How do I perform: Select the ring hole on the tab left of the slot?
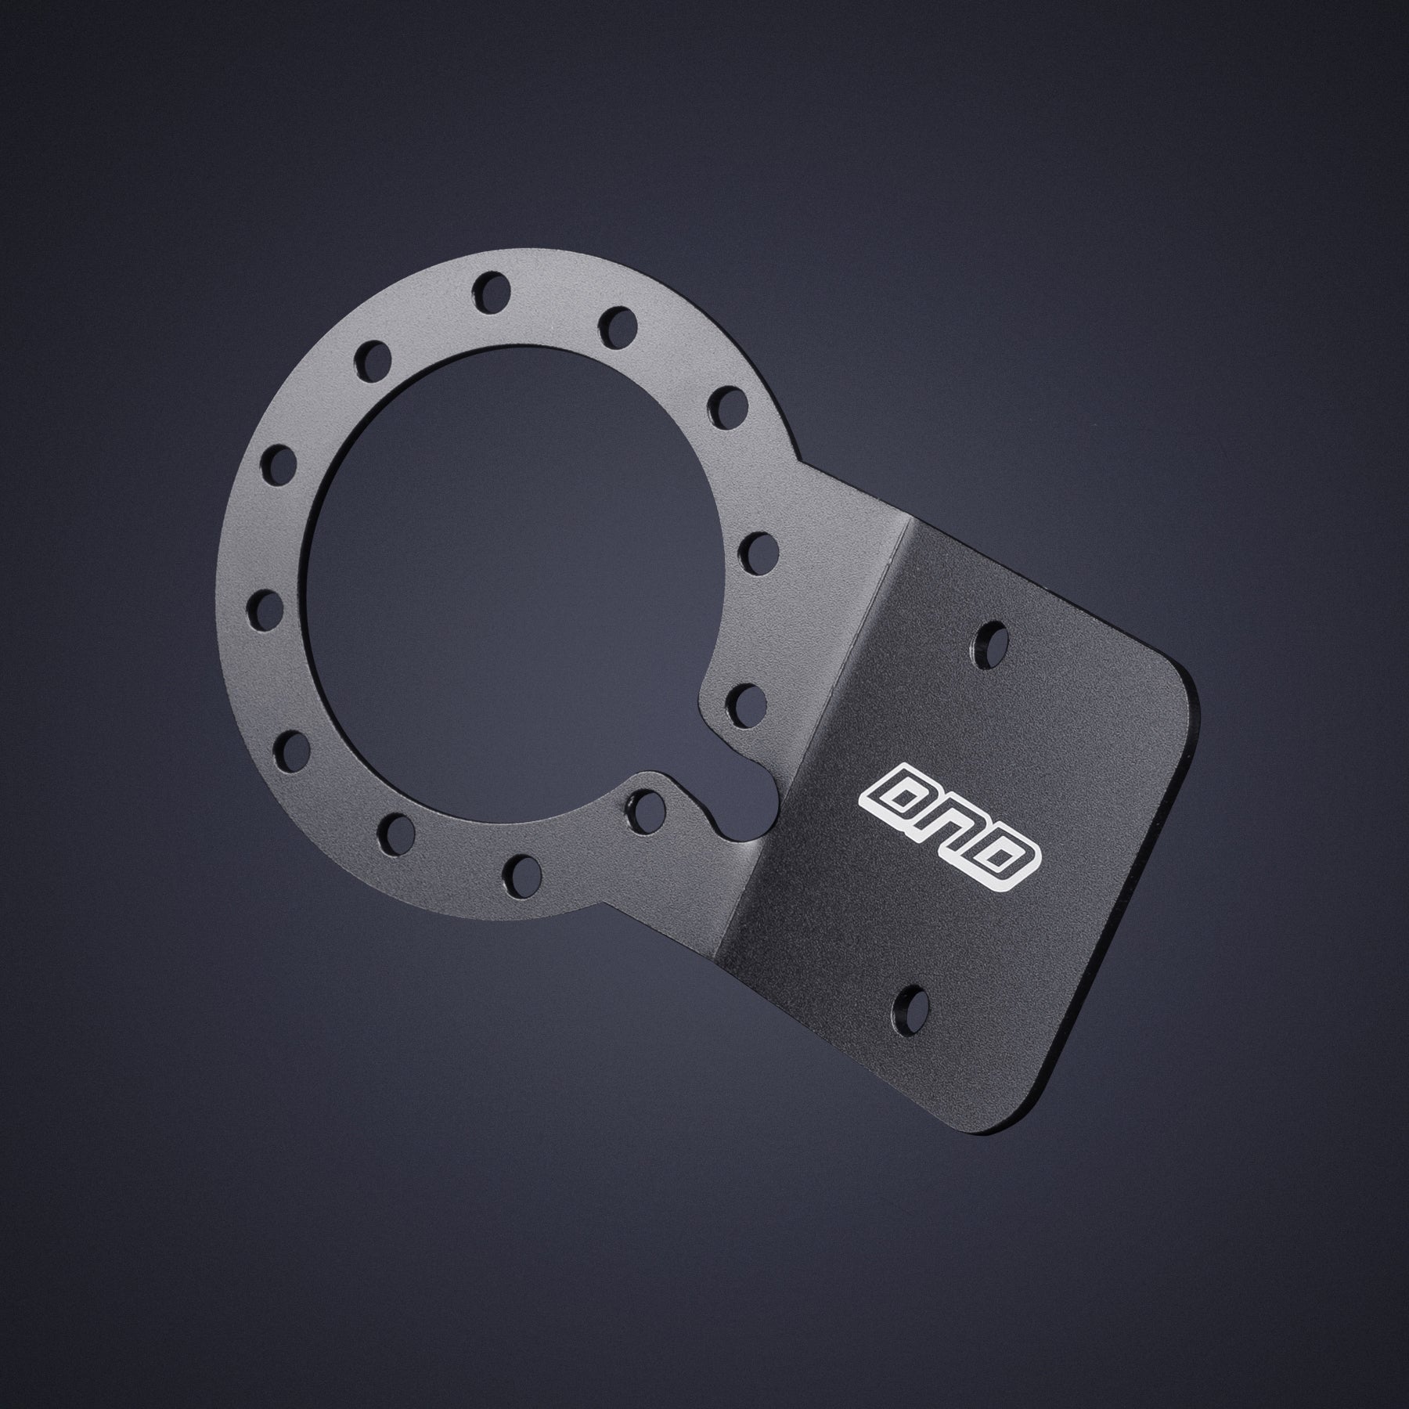647,804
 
